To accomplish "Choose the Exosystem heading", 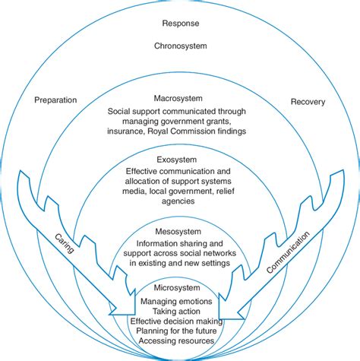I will click(180, 160).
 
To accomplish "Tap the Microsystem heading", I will click(180, 290).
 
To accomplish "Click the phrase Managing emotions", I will click(180, 302).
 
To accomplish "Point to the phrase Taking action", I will click(180, 312).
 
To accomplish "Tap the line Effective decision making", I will click(180, 321).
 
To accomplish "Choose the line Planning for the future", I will click(180, 331).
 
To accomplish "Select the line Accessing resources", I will click(180, 341).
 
